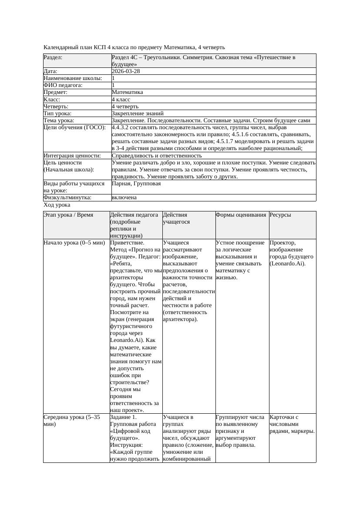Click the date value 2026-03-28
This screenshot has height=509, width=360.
(x=126, y=71)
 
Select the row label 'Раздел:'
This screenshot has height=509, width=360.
(x=53, y=57)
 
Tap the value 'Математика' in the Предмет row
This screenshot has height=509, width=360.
(x=127, y=92)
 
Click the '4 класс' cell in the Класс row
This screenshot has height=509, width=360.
(x=121, y=99)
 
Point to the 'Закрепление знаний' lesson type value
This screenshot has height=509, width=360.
(x=131, y=113)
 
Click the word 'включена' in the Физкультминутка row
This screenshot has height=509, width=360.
(x=124, y=198)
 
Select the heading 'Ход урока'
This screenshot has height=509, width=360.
(x=57, y=205)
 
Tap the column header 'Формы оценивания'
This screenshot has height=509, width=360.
(x=241, y=215)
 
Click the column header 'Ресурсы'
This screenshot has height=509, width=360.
(x=280, y=215)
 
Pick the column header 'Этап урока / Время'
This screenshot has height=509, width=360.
(x=68, y=215)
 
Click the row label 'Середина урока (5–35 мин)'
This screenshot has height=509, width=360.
(x=72, y=420)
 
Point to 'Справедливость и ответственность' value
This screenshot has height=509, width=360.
(x=157, y=155)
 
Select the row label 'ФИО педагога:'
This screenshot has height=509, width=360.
(x=63, y=85)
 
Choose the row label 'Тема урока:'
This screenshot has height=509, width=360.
(x=59, y=120)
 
